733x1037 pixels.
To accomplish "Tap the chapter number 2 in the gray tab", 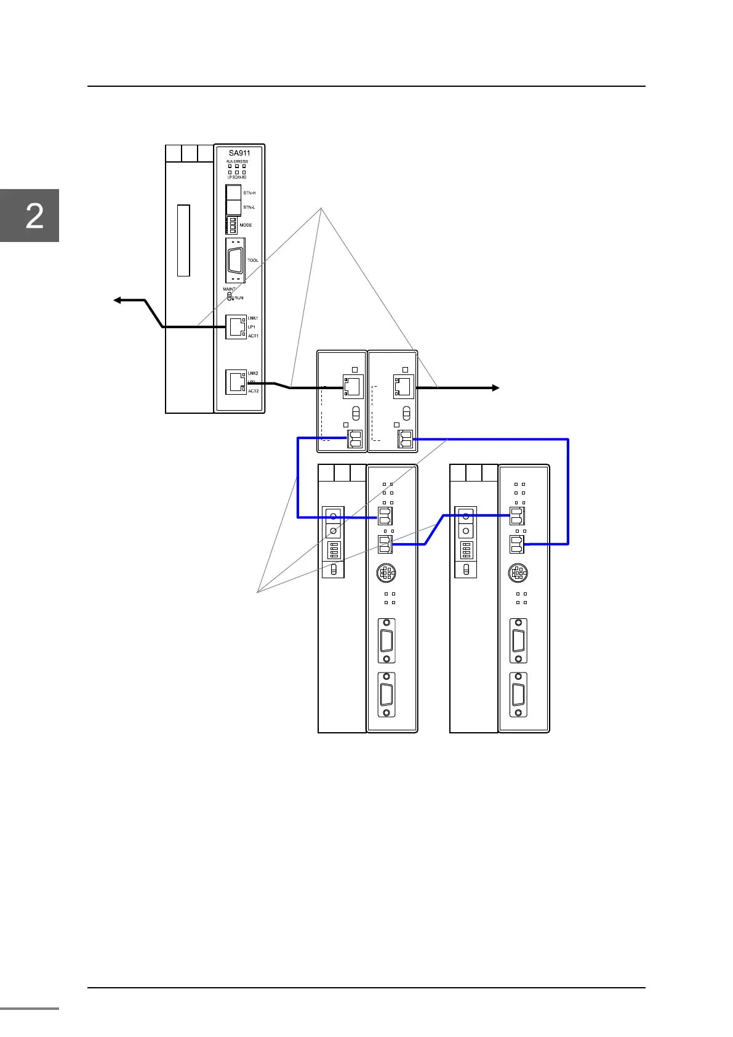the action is click(34, 216).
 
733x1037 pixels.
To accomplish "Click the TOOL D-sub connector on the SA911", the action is click(235, 260).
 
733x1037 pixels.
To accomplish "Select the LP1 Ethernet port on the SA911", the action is click(236, 326).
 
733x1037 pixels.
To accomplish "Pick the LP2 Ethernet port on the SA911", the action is click(236, 382).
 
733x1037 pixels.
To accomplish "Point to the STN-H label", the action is click(249, 193).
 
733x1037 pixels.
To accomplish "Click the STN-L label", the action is click(249, 208).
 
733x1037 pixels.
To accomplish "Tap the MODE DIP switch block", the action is click(231, 225).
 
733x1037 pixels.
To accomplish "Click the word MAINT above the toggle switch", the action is click(229, 289).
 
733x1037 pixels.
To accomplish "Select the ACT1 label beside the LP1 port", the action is click(253, 336).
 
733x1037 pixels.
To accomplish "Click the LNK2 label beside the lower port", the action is click(253, 374).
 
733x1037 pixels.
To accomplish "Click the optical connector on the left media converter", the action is click(355, 438).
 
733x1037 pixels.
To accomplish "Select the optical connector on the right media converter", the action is click(405, 438).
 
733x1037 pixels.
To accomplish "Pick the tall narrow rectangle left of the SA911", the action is click(183, 241).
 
